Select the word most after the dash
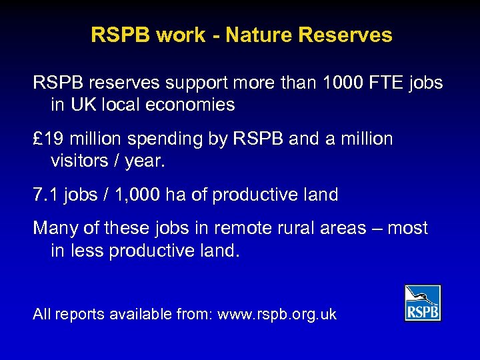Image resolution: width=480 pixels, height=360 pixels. pyautogui.click(x=408, y=229)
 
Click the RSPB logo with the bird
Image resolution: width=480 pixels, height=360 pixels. pyautogui.click(x=423, y=303)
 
